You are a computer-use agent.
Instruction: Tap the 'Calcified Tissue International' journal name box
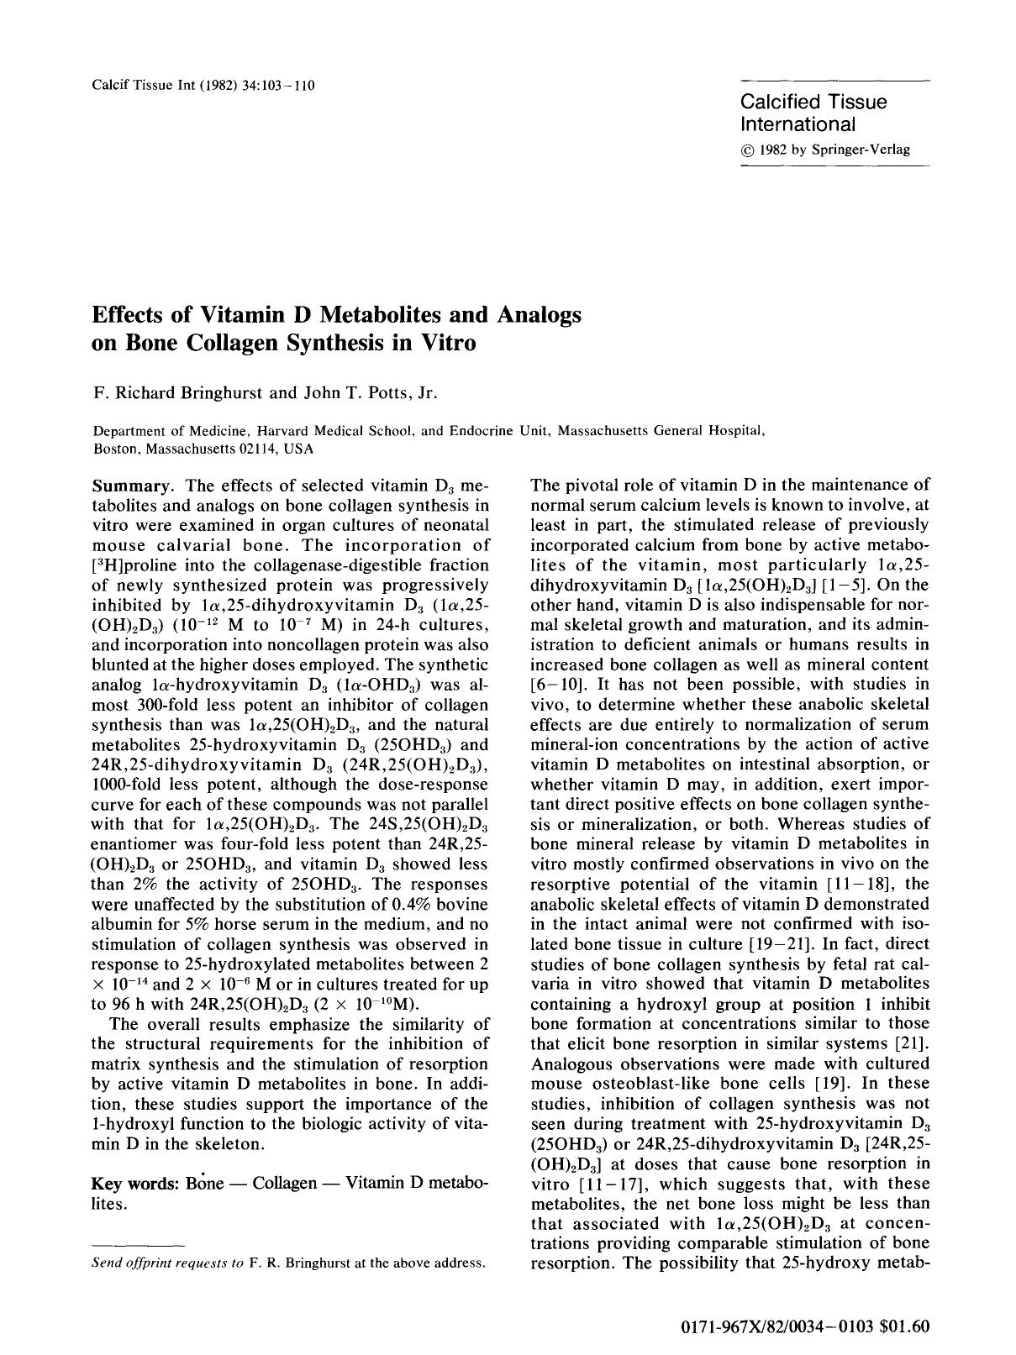[x=813, y=113]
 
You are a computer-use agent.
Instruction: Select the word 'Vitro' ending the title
[x=446, y=343]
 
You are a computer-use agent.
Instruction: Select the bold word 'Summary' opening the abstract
[x=130, y=486]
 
